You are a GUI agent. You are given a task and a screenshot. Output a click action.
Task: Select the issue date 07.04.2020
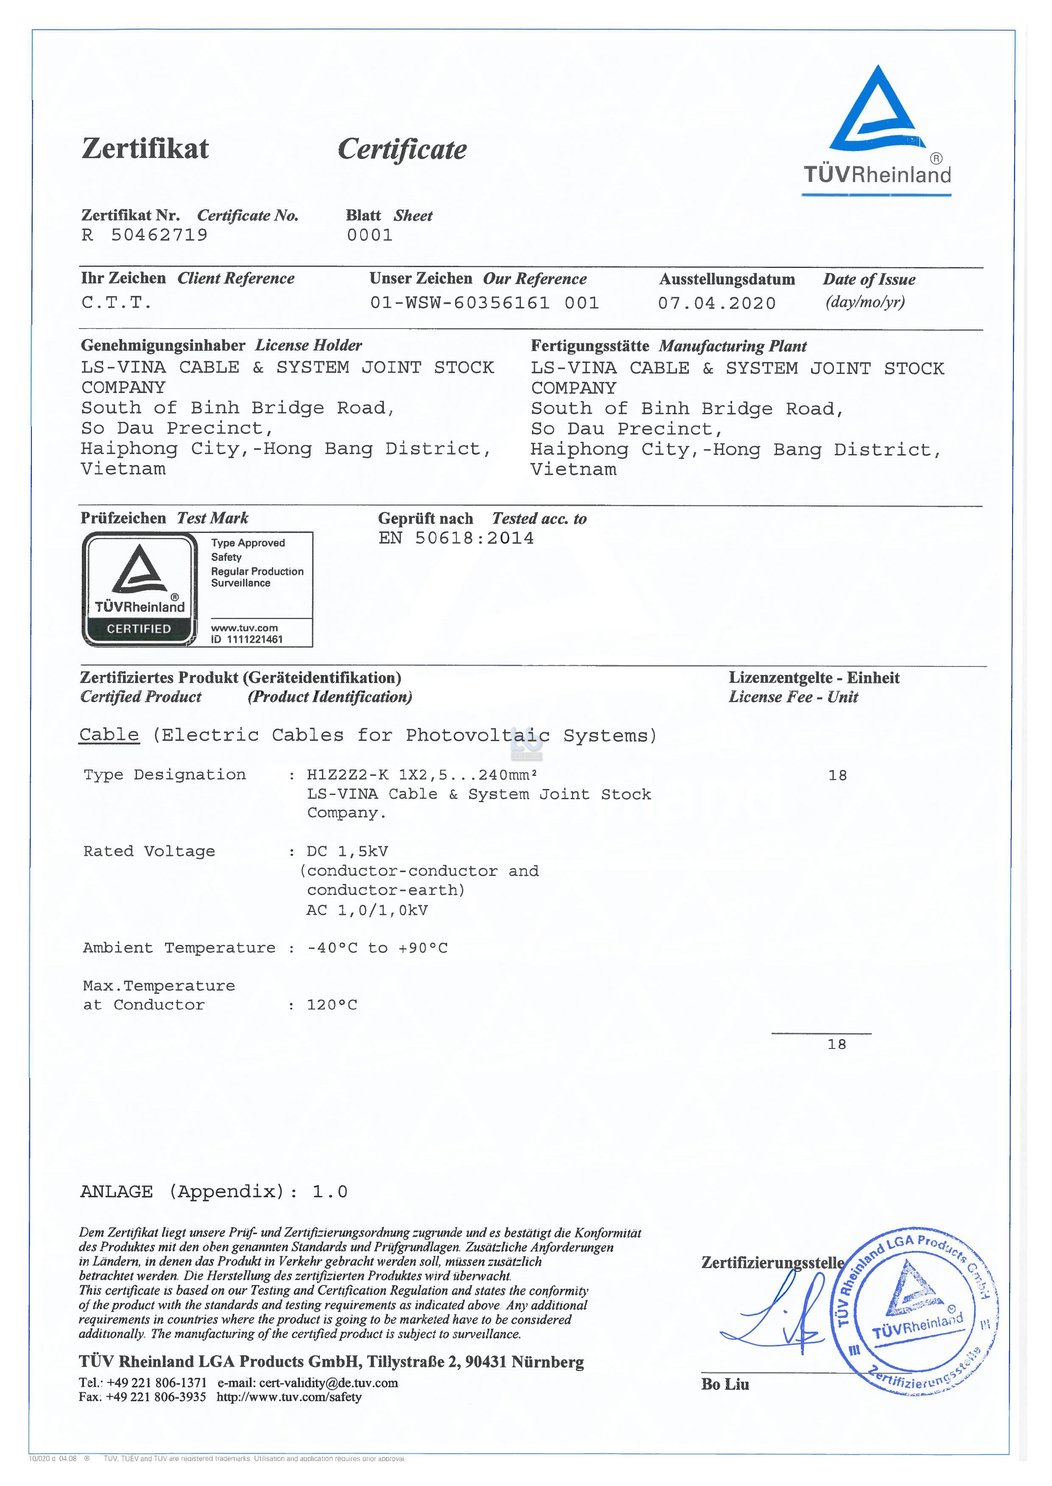click(716, 303)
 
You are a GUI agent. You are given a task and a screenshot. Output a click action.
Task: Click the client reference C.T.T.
click(117, 302)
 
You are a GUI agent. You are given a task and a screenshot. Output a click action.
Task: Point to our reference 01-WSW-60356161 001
click(484, 303)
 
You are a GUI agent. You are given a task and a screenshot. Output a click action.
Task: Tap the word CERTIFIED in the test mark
click(139, 629)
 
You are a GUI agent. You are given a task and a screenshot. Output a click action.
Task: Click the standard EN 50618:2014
click(456, 538)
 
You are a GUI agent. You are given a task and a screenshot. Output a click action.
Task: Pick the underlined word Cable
click(109, 735)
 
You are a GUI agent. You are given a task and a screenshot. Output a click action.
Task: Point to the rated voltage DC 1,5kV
click(347, 851)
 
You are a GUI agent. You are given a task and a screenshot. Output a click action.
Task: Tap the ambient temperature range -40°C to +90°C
click(377, 948)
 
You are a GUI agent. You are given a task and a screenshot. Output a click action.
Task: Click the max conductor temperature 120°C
click(332, 1005)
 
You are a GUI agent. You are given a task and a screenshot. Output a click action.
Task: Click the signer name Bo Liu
click(725, 1384)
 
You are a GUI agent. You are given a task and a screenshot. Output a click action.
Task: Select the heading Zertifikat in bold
click(145, 148)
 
